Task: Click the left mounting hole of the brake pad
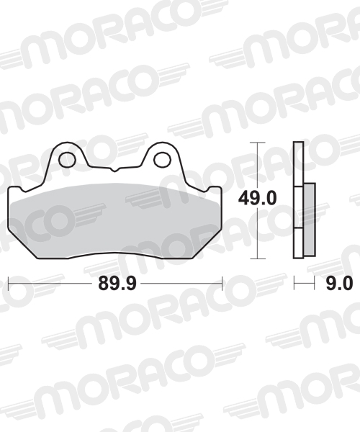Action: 68,160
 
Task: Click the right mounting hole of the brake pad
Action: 162,160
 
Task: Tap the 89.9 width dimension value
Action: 117,283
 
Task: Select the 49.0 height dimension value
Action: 257,198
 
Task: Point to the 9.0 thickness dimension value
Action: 339,283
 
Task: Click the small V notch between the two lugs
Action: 114,169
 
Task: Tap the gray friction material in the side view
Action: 310,220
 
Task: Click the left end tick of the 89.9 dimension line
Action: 9,283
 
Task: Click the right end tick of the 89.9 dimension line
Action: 222,283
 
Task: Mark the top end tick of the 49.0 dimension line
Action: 258,143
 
